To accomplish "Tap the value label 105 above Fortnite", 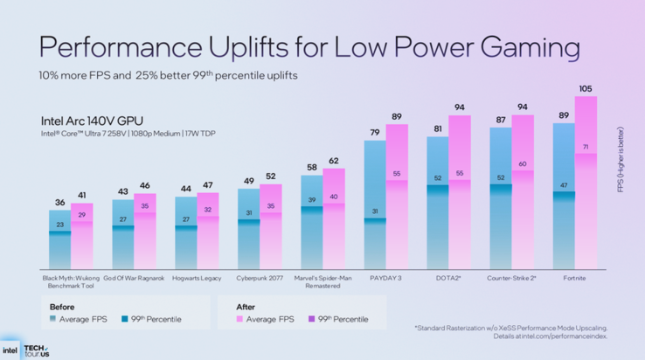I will coord(586,88).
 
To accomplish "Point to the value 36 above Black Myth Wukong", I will coord(60,203).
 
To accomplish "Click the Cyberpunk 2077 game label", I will coord(260,278).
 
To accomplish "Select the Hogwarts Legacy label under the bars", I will coord(198,278).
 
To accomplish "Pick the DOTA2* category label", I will coord(448,278).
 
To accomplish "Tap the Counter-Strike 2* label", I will coord(511,278).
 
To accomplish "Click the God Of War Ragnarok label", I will coord(135,278).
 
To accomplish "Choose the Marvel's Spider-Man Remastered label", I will coord(322,281).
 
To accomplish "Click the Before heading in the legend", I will coord(61,306).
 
